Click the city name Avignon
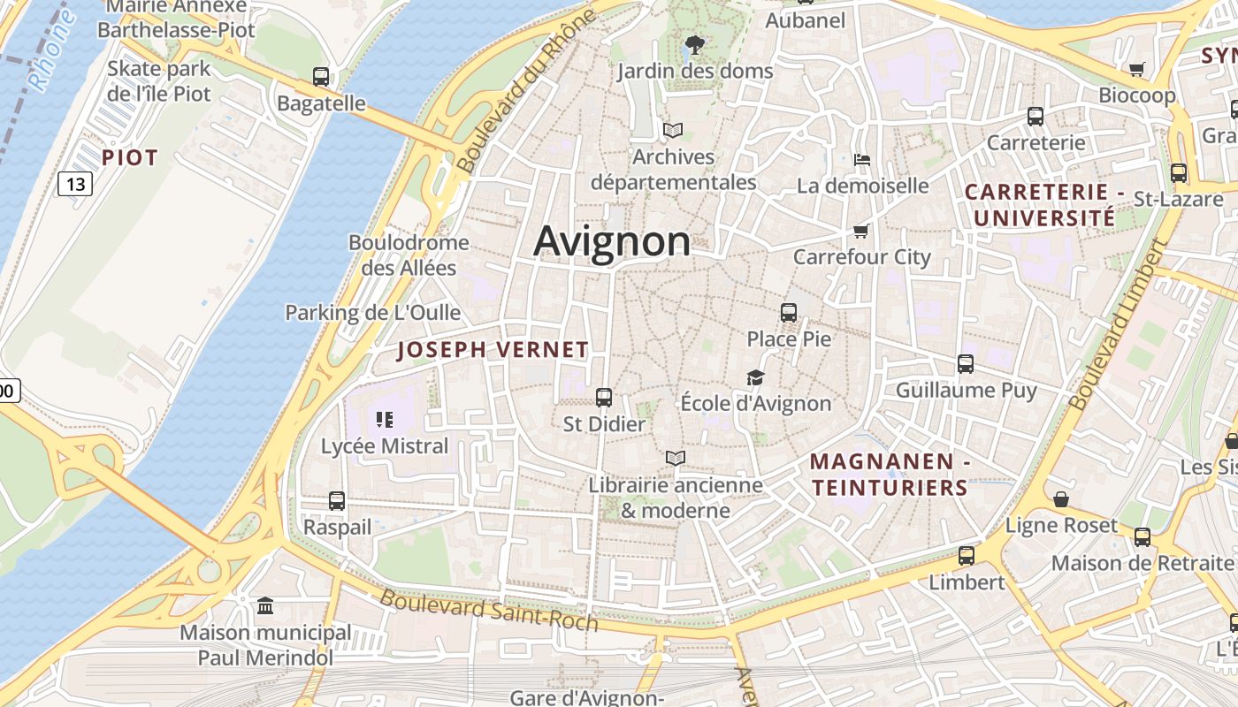[x=612, y=240]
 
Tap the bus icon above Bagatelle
[x=321, y=77]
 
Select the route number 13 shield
[x=75, y=184]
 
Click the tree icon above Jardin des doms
[x=695, y=44]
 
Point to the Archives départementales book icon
[x=673, y=131]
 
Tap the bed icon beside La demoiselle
[x=862, y=160]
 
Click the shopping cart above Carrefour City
[x=861, y=231]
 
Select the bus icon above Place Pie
[x=789, y=312]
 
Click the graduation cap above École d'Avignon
[x=755, y=377]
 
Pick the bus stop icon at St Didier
[x=604, y=398]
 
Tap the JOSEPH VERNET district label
[x=493, y=350]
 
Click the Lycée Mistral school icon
[x=384, y=419]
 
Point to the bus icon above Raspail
[x=337, y=500]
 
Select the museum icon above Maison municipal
[x=265, y=605]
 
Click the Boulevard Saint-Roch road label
[x=489, y=610]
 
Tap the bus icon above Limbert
[x=967, y=556]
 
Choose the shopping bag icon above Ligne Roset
[x=1061, y=499]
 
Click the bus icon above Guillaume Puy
[x=966, y=363]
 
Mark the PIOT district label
[x=129, y=158]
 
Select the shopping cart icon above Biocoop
[x=1137, y=69]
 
